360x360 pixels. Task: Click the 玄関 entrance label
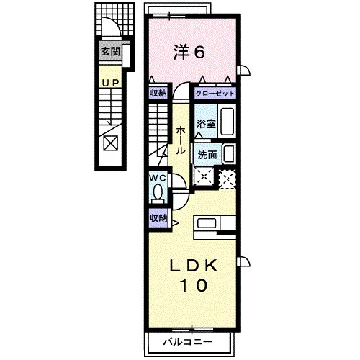point(110,51)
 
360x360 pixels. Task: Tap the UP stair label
point(111,83)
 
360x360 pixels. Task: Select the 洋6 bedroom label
point(189,53)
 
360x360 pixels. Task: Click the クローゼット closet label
point(215,94)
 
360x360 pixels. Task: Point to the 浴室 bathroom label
point(206,124)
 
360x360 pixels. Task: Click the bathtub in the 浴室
point(227,121)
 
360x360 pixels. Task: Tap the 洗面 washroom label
point(207,155)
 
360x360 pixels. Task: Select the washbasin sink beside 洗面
point(228,153)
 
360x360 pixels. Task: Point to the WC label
point(158,178)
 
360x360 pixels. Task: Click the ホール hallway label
point(181,140)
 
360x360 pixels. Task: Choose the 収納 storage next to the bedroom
point(158,93)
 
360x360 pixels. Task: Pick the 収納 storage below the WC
point(158,218)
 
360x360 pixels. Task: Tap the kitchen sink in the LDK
point(206,224)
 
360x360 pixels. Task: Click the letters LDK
point(194,266)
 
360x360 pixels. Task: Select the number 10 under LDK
point(194,285)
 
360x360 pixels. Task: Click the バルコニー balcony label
point(188,342)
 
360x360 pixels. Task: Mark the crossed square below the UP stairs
point(111,143)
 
